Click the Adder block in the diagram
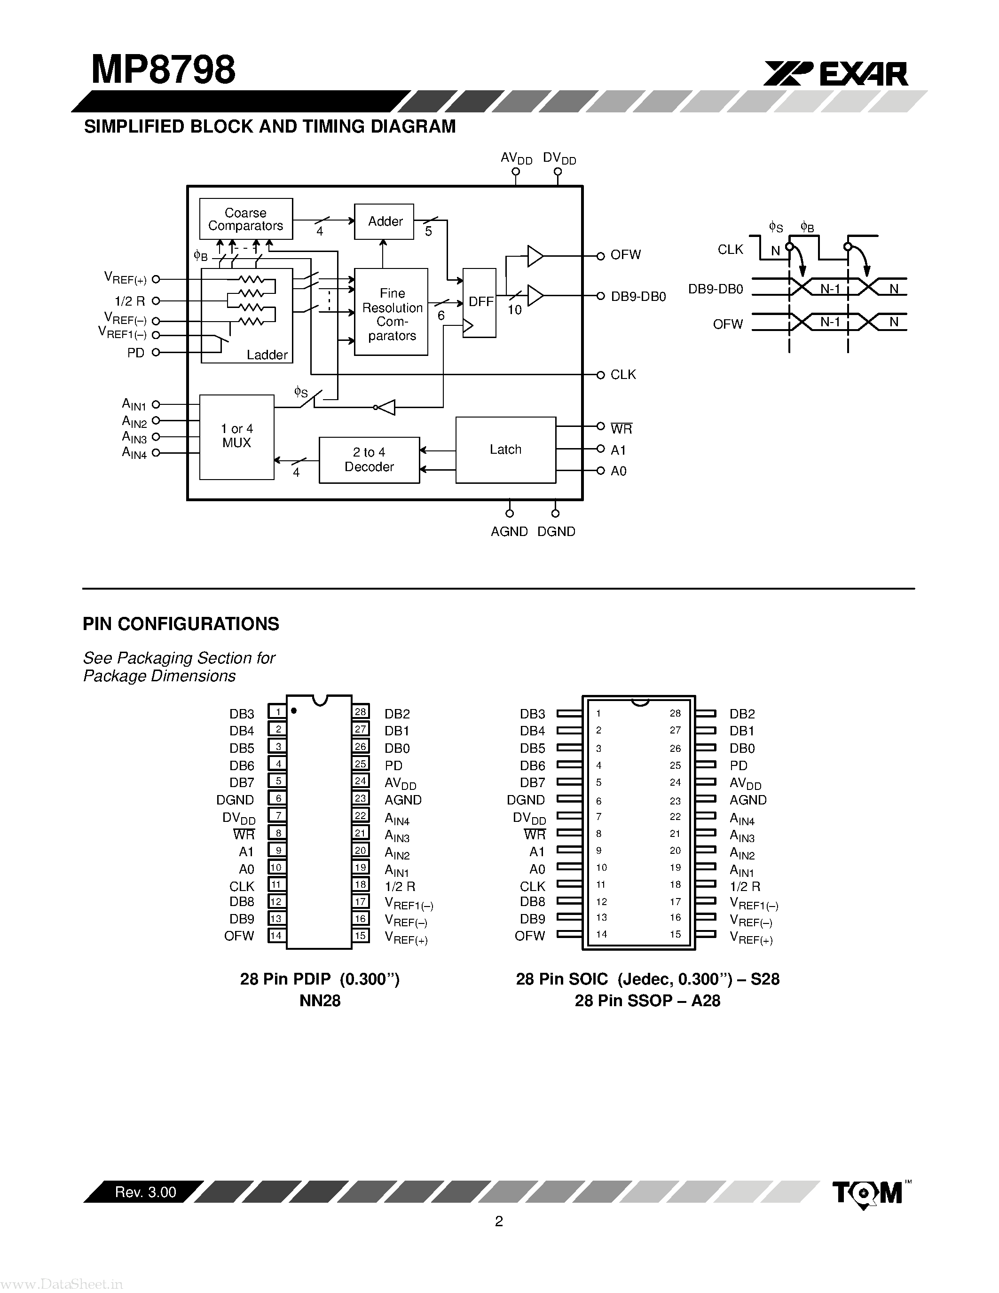pyautogui.click(x=384, y=221)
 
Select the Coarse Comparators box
pyautogui.click(x=245, y=219)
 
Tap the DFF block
pyautogui.click(x=480, y=302)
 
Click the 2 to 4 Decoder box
pyautogui.click(x=369, y=460)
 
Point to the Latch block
pyautogui.click(x=505, y=450)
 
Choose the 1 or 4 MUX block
pyautogui.click(x=237, y=436)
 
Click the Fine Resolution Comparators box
pyautogui.click(x=391, y=312)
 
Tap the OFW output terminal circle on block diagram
pyautogui.click(x=600, y=256)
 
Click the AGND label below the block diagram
pyautogui.click(x=509, y=532)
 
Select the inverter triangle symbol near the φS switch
pyautogui.click(x=386, y=407)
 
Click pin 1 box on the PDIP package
pyautogui.click(x=277, y=712)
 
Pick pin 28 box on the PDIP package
pyautogui.click(x=361, y=712)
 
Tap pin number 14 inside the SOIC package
pyautogui.click(x=601, y=935)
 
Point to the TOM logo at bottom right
pyautogui.click(x=868, y=1193)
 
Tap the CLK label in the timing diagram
pyautogui.click(x=730, y=250)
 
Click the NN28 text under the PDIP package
pyautogui.click(x=320, y=1001)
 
